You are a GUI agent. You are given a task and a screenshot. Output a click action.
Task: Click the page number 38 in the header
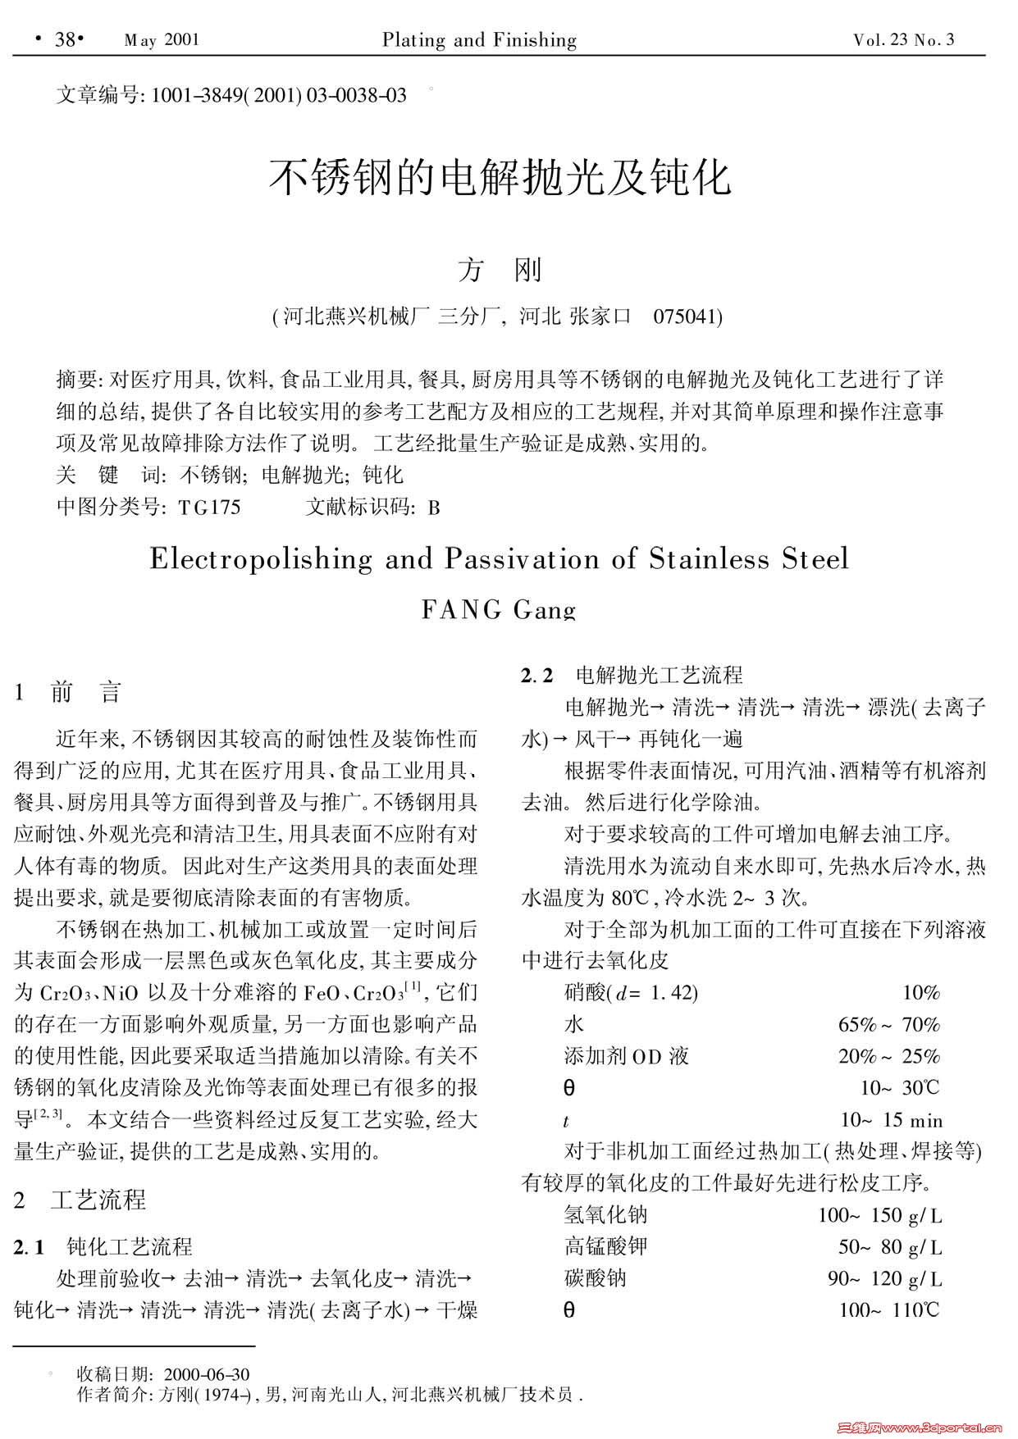pos(64,39)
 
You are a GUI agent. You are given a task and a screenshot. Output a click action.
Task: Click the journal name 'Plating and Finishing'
pos(479,40)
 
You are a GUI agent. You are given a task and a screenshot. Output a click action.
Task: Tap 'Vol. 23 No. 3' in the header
pos(903,40)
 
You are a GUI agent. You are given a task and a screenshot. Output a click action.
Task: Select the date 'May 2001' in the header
pos(161,40)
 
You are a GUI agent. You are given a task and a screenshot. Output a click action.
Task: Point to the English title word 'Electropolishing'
pos(261,559)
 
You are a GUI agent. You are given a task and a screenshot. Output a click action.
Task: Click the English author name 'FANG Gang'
pos(498,609)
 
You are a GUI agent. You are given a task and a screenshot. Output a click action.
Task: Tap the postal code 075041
pos(687,316)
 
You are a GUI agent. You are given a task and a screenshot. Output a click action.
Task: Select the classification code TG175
pos(209,508)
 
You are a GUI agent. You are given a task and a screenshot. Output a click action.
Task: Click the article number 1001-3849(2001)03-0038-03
pos(277,96)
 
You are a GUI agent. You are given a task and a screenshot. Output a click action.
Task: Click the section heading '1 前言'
pos(68,692)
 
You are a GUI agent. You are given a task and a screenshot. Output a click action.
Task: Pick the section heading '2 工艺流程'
pos(80,1200)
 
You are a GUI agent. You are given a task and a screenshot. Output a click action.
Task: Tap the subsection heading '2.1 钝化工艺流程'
pos(103,1247)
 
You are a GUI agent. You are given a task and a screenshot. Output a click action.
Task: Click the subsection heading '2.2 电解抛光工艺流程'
pos(632,675)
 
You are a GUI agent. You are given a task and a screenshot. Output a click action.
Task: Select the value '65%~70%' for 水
pos(888,1024)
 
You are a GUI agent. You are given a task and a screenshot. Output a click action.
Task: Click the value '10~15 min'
pos(891,1120)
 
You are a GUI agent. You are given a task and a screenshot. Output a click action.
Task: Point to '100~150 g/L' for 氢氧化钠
pos(879,1215)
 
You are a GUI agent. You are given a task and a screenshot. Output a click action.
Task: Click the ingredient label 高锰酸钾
pos(605,1246)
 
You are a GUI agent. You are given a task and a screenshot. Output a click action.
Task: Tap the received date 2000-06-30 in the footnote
pos(207,1374)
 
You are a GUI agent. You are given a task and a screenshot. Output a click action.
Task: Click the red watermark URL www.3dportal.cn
pos(943,1428)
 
